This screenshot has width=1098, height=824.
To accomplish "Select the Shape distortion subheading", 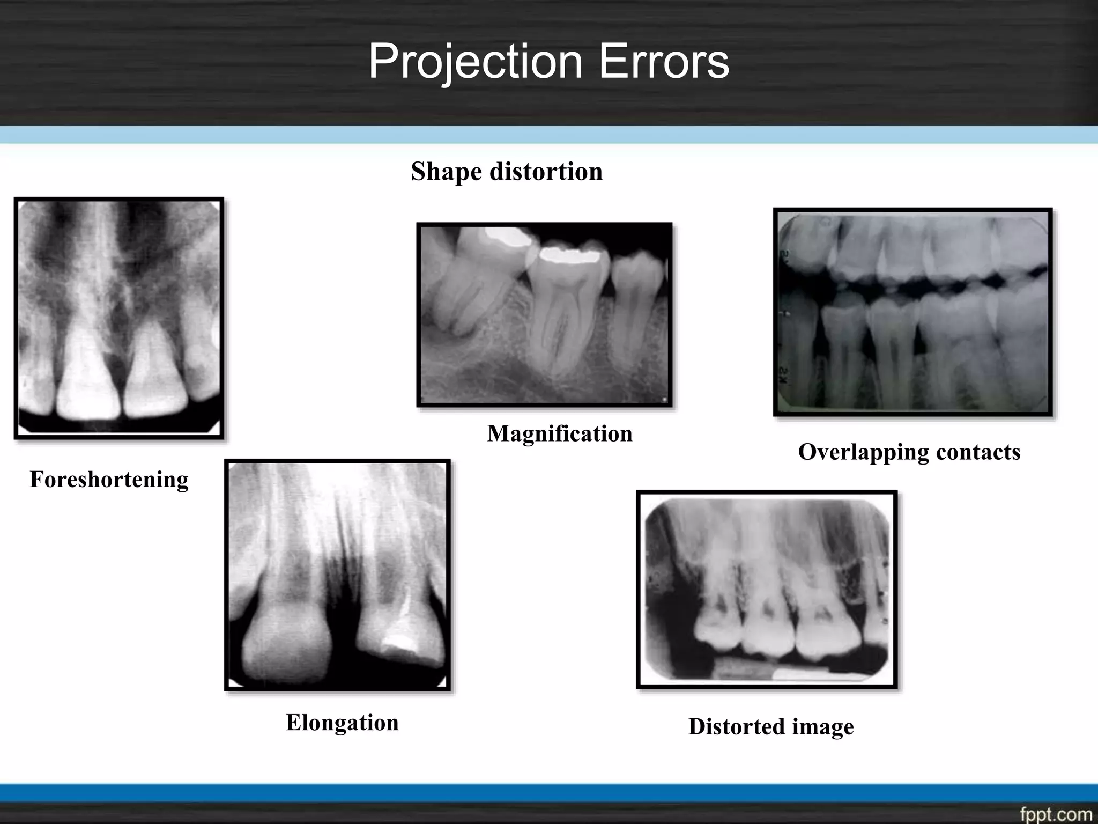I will (x=507, y=172).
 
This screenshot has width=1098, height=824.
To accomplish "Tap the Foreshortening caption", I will (x=109, y=479).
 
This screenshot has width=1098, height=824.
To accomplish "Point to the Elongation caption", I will (x=342, y=722).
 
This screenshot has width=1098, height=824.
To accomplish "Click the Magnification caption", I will (x=559, y=433).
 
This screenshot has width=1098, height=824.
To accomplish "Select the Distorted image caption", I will (x=770, y=726).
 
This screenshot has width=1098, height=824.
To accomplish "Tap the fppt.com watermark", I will (x=1055, y=814).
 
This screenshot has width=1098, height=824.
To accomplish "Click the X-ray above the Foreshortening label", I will (x=118, y=318).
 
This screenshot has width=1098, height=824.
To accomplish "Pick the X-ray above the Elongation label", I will (x=337, y=575).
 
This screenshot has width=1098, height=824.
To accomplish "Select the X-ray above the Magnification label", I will (x=544, y=315).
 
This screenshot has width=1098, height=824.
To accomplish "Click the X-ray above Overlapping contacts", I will (x=912, y=312).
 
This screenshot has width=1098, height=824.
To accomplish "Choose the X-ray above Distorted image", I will (x=766, y=589).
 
